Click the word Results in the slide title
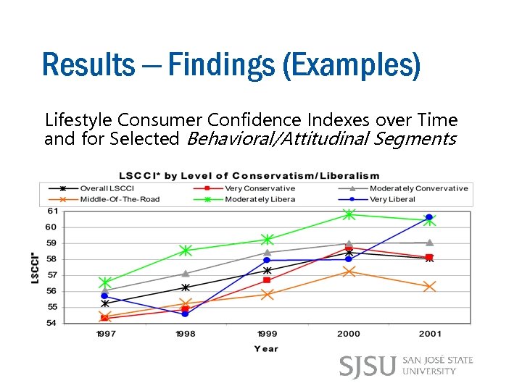tap(88, 64)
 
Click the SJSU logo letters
tap(368, 366)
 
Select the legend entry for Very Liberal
tap(389, 199)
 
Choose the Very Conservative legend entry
tap(257, 189)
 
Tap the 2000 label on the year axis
tap(348, 334)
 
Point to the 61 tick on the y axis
tap(51, 211)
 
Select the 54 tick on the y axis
tap(51, 323)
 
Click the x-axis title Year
tap(265, 349)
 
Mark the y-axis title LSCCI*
tap(35, 267)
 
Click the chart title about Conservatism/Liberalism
tap(249, 175)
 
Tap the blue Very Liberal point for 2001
tap(429, 217)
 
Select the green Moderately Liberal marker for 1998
tap(186, 251)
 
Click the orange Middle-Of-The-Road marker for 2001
tap(429, 287)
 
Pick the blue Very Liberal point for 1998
tap(186, 314)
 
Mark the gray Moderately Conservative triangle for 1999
tap(267, 253)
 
